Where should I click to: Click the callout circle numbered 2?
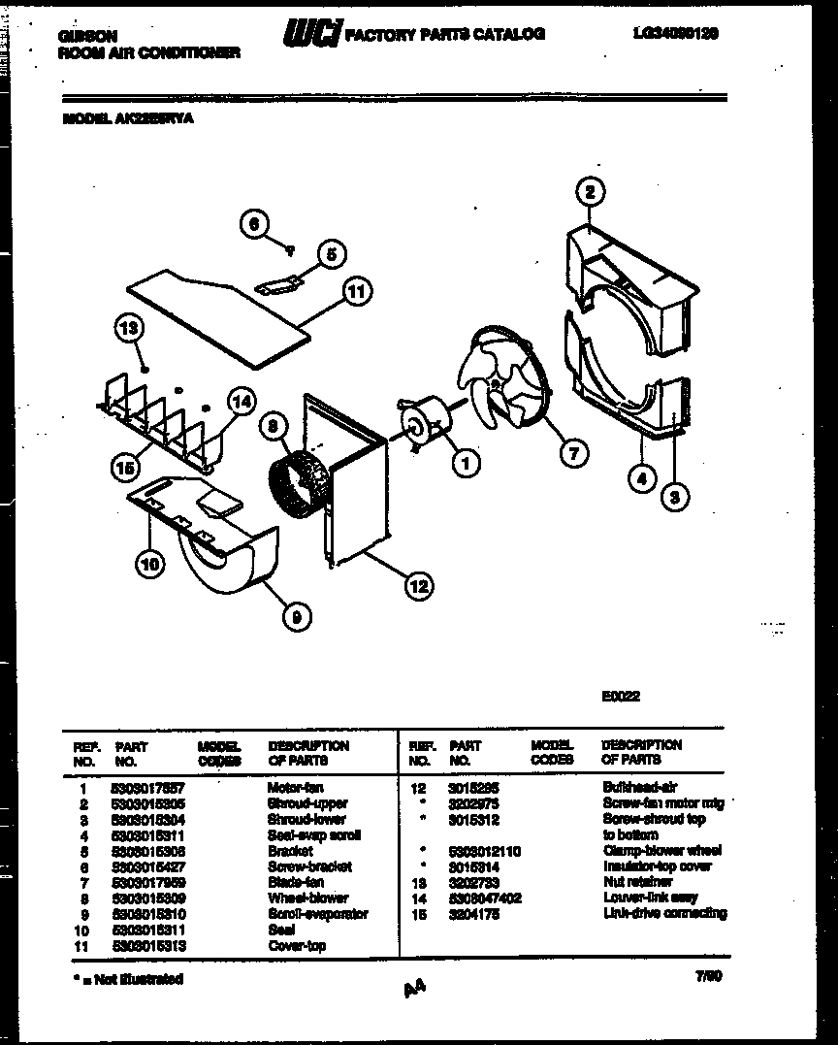589,192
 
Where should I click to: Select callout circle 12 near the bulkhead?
418,585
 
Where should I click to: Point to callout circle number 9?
292,613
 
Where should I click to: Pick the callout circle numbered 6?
254,224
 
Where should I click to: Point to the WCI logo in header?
311,36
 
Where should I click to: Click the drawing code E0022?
621,696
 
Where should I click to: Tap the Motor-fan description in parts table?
295,788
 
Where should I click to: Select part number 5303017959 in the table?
148,883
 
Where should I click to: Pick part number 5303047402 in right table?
485,898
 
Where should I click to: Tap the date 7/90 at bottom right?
709,979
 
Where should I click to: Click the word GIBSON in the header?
81,36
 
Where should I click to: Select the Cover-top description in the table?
296,946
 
